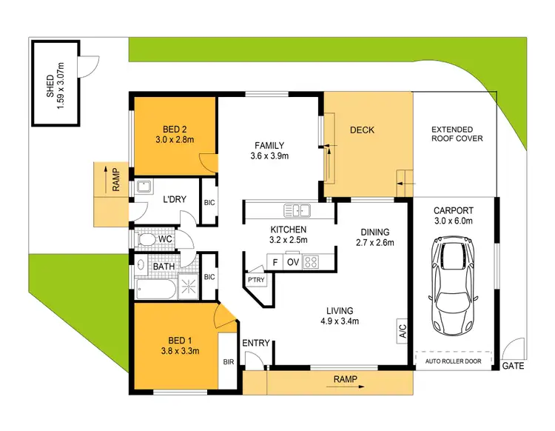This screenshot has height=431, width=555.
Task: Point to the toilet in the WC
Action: pos(147,240)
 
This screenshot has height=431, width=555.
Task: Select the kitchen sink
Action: pos(300,210)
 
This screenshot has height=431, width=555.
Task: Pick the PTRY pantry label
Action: pos(258,279)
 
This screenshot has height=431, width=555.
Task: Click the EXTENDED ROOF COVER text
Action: pos(457,134)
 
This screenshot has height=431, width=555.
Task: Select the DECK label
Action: pos(362,130)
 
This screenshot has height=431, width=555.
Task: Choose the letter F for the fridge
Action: pos(275,261)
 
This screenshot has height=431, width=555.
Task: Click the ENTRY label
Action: pos(255,343)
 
